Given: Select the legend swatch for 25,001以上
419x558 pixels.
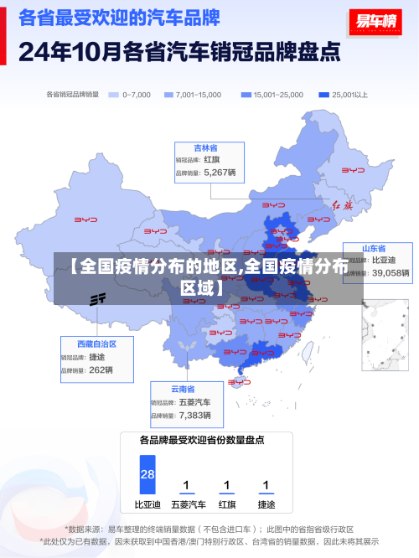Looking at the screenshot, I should coord(323,95).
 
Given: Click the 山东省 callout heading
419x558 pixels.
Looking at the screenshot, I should coord(373,249).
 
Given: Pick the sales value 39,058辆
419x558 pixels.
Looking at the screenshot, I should coord(391,272).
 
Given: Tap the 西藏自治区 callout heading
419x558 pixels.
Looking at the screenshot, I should coord(96,344).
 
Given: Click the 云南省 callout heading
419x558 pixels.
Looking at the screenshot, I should coord(183,389).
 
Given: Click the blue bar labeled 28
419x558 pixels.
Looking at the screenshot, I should coord(147,474).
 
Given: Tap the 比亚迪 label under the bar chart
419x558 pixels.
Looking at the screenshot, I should coord(147,504).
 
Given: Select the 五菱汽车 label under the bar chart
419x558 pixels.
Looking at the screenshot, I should coord(188,504).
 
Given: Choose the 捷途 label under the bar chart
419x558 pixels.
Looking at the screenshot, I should coord(266,504).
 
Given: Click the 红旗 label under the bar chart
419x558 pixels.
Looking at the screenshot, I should coord(227,504).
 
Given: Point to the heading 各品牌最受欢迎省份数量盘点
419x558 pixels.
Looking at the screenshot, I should coord(202,439).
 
